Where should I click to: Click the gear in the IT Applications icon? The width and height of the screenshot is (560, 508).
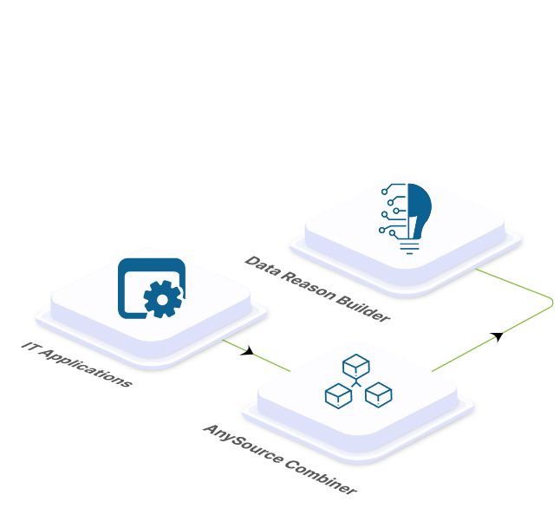coord(163,299)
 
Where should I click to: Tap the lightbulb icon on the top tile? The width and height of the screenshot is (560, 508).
coord(406,218)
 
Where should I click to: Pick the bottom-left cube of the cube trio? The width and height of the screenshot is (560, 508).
coord(339,396)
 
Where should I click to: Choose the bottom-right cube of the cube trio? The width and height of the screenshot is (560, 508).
coord(379,394)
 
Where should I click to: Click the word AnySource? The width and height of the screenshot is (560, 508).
coord(243,445)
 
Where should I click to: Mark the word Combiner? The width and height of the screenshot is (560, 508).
coord(321,478)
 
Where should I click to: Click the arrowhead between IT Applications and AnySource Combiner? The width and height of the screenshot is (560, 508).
coord(248,351)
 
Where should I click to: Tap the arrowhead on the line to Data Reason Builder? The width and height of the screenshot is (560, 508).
coord(497,336)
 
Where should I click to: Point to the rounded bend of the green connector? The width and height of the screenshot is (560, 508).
coord(551,303)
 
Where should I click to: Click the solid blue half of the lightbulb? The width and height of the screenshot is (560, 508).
coord(420,210)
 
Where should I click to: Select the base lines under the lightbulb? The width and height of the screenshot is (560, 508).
coord(410,248)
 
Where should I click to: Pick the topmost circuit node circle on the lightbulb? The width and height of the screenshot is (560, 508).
coord(384,192)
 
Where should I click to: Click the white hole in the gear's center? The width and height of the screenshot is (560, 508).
coord(162,300)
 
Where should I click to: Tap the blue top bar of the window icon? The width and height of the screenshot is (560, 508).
coord(152,264)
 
